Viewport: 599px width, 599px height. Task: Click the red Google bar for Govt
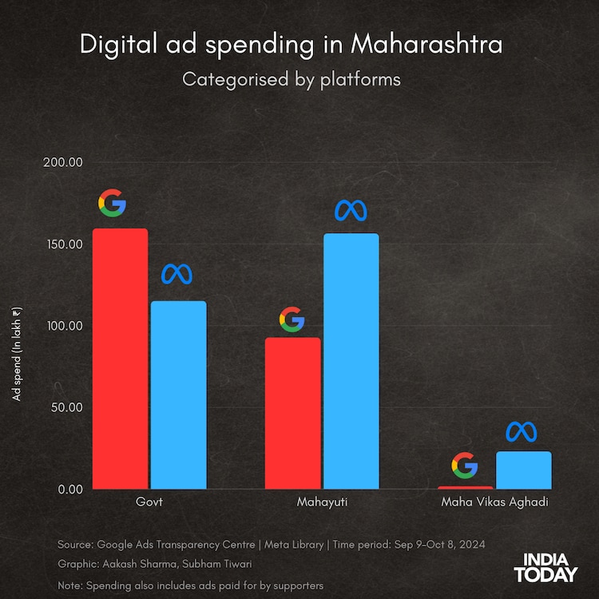121,359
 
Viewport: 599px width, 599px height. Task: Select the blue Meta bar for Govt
178,395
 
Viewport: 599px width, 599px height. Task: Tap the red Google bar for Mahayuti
293,413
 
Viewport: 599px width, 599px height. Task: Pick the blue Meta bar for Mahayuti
351,361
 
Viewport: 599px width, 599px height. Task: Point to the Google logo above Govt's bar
112,204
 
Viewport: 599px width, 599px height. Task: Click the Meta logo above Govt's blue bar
177,274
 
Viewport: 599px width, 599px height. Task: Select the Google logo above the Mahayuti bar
292,319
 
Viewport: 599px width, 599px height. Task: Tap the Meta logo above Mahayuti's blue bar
351,210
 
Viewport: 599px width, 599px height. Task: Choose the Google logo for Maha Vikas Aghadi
464,466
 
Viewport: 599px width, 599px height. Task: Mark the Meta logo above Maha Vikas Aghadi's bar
522,431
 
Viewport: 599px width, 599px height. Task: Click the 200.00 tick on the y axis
65,162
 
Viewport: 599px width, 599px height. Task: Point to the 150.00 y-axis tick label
65,244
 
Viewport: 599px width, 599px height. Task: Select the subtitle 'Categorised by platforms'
292,79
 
